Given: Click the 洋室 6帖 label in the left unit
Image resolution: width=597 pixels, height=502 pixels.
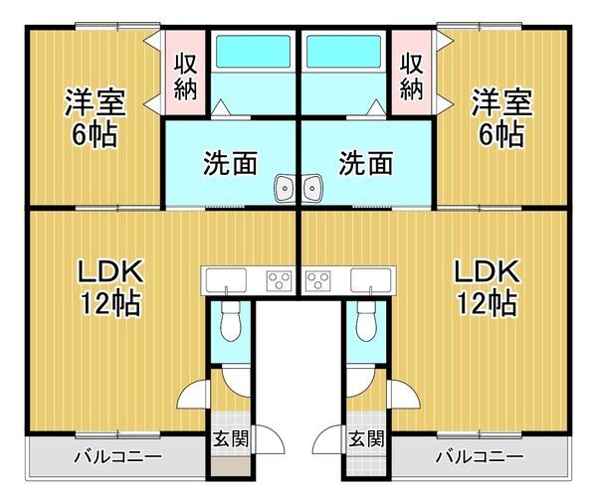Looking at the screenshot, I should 94,116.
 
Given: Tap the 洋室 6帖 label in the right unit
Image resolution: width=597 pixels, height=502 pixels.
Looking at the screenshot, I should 500,116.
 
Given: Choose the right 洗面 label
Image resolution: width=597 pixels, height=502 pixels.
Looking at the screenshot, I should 365,162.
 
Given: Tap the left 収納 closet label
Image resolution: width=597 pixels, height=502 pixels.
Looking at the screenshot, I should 185,75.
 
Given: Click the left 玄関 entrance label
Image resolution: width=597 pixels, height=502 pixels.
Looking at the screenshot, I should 231,437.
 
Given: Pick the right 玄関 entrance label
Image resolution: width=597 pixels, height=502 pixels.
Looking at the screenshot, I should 365,437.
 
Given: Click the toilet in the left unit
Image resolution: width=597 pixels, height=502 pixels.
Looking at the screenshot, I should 231,320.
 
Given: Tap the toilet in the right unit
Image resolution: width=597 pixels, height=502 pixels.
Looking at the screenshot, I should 365,320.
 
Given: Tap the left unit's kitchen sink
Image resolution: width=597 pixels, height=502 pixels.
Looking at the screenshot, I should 229,278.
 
